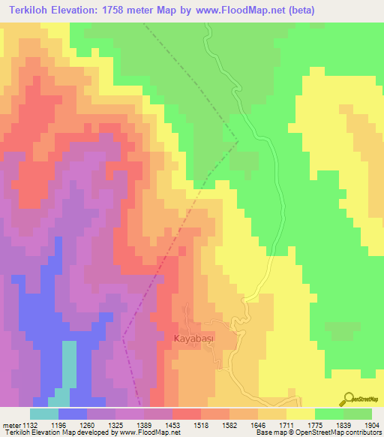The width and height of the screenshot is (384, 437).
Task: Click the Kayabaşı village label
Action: [x=196, y=338]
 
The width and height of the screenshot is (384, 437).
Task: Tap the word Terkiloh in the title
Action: [x=34, y=11]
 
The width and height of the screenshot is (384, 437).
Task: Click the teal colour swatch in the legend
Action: [x=44, y=414]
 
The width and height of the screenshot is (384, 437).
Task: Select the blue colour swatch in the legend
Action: [x=73, y=414]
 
